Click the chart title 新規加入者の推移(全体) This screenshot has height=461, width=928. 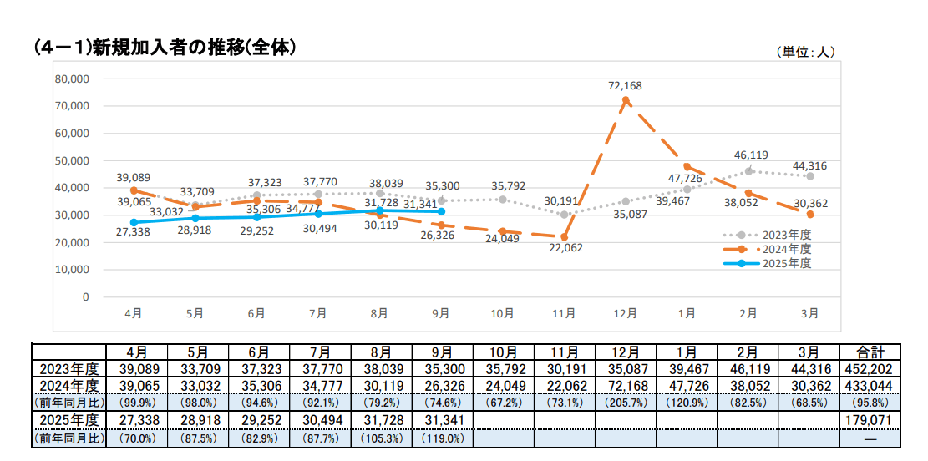coord(167,48)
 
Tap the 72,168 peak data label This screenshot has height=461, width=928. coord(626,86)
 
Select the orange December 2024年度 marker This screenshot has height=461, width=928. coord(626,100)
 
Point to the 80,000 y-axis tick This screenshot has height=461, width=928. coord(72,79)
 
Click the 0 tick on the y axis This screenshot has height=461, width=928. coord(85,296)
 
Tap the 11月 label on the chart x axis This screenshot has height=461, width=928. coord(564,313)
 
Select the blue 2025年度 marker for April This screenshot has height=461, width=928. coord(134,222)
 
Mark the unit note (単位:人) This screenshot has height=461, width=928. coord(805,52)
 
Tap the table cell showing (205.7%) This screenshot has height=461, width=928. coord(626,403)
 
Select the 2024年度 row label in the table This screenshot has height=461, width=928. coord(68,386)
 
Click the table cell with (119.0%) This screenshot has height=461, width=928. coord(441,438)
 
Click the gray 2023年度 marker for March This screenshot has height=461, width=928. coord(810,176)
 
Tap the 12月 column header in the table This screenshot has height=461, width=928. coord(626,352)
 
